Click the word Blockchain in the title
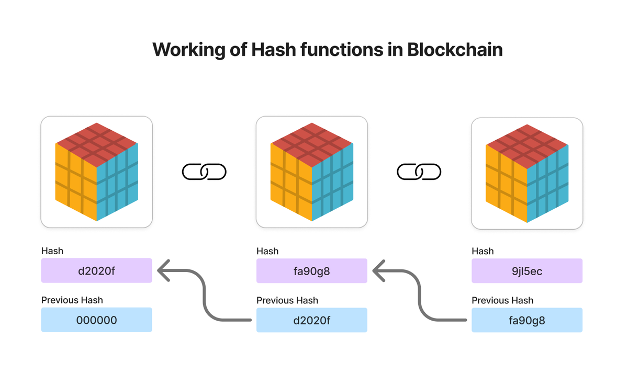coord(455,50)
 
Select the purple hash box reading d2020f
coord(97,270)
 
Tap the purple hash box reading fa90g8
coord(312,270)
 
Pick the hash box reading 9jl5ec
coord(527,270)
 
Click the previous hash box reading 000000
coord(97,320)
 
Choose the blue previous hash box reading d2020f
coord(312,320)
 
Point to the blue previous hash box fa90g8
coord(527,320)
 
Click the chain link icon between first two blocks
coord(204,172)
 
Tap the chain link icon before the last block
coord(419,172)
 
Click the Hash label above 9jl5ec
coord(483,251)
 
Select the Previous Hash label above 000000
coord(72,300)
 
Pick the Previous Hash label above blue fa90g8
coord(502,300)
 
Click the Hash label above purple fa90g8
coord(267,251)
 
